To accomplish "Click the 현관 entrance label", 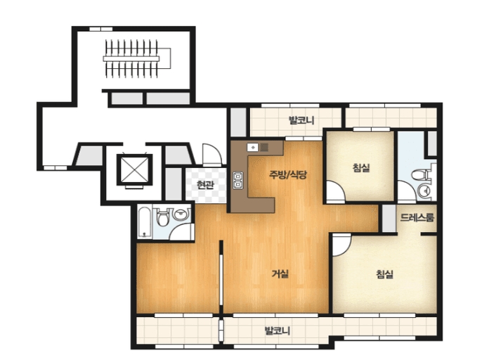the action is pos(205,185).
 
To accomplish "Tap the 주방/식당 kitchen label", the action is pos(288,175).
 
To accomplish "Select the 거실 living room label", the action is pos(280,274).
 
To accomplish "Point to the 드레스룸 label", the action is pos(417,217).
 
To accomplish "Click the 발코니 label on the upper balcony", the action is pos(301,120).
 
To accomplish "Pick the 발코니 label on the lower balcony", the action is pos(278,331).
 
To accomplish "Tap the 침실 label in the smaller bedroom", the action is pos(361,167).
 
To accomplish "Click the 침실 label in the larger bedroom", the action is pos(385,274).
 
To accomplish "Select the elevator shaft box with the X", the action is pos(135,170).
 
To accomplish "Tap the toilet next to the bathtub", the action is pos(162,217).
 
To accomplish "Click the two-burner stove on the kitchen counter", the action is pos(238,180).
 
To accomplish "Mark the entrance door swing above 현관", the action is pos(212,155).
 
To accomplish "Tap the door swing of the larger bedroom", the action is pos(341,245).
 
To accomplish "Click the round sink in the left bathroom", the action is pos(181,214).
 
